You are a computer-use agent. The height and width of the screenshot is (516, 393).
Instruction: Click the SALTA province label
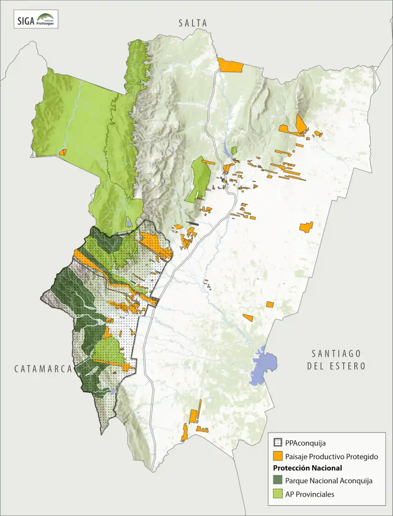tap(193, 24)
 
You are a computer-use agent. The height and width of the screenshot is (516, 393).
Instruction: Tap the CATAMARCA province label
tap(42, 369)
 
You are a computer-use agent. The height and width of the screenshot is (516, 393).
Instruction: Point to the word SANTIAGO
tap(336, 353)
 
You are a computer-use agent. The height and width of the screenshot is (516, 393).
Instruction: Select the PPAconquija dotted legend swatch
tap(278, 442)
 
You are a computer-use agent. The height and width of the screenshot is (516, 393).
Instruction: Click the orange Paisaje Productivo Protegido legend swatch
tap(278, 456)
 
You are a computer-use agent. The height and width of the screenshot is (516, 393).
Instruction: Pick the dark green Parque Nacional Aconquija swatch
tap(278, 481)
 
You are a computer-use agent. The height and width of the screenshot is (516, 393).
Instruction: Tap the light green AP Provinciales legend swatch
tap(278, 494)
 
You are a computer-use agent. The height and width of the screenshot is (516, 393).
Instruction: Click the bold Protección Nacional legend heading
tap(307, 468)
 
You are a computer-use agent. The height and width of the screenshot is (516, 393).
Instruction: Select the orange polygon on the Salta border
tap(230, 65)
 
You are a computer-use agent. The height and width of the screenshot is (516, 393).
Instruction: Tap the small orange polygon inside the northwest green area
tap(63, 152)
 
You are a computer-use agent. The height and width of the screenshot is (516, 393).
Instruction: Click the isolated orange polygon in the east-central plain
tap(306, 227)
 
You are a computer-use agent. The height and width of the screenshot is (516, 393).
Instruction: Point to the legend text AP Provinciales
tap(310, 494)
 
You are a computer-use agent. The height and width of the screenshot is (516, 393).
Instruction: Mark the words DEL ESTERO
tap(336, 366)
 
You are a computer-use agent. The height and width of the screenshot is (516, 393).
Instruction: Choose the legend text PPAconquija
tap(305, 442)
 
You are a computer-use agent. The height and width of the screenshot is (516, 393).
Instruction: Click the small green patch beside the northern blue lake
tap(234, 150)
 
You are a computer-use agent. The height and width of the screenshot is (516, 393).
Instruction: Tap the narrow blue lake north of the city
tap(227, 150)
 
